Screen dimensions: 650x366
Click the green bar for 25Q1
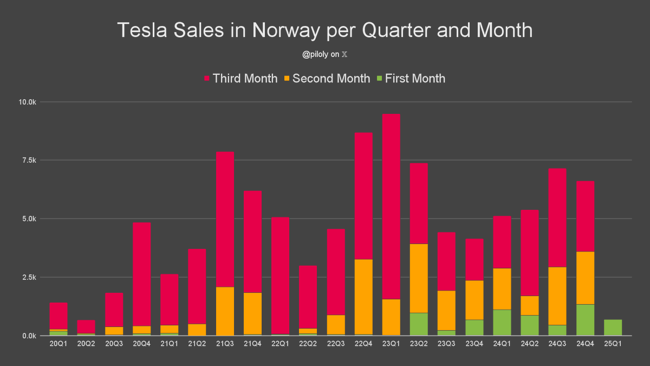[613, 328]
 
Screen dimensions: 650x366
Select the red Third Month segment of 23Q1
[391, 207]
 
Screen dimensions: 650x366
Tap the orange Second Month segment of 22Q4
[363, 297]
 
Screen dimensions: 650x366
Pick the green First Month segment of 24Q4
[586, 320]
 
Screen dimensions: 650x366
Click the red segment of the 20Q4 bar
[141, 274]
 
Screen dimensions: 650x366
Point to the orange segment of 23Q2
[419, 278]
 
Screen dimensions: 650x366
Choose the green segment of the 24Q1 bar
[502, 323]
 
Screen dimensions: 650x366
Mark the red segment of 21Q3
[225, 219]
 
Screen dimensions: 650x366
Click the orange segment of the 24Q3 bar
[557, 296]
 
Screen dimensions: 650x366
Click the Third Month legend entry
[241, 79]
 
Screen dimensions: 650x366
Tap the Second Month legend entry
[327, 79]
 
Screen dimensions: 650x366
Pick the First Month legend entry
[411, 79]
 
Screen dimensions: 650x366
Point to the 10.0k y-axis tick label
[27, 102]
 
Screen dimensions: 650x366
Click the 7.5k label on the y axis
[29, 160]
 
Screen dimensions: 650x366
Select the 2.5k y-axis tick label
[29, 278]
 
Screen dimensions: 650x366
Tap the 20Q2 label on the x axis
[86, 344]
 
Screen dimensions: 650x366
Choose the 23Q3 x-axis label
[446, 344]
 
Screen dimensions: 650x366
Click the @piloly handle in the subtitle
[315, 54]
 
